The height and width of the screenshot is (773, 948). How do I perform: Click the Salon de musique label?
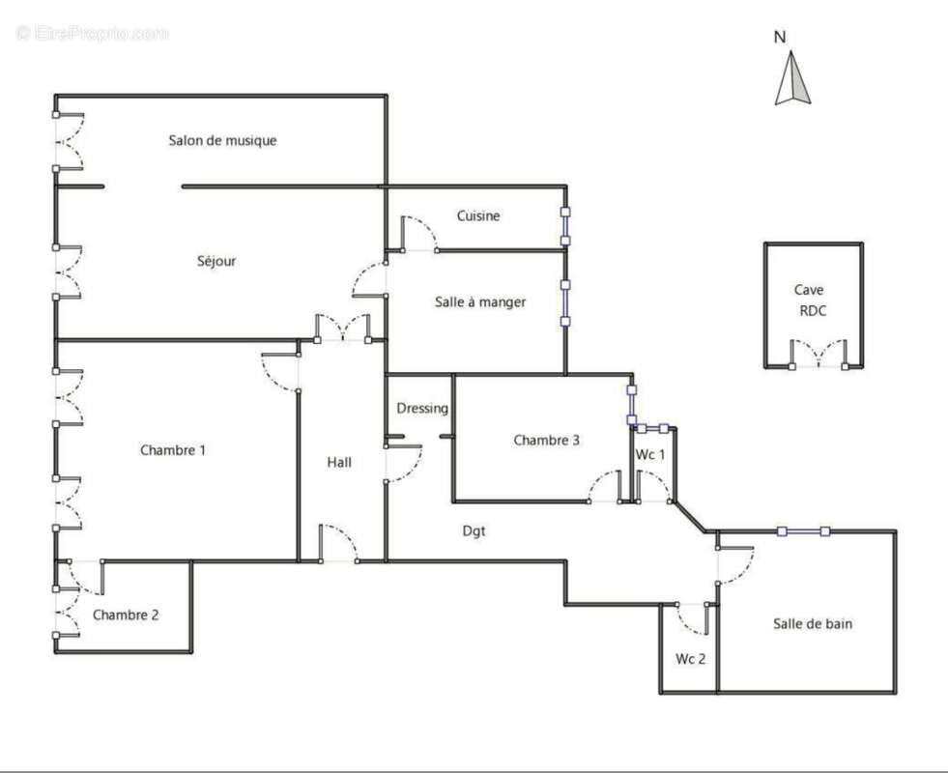(x=222, y=141)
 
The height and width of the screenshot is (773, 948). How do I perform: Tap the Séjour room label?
(x=215, y=261)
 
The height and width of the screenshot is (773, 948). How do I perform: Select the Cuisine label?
(x=478, y=216)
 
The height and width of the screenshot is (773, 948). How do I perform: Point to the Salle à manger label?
(x=480, y=302)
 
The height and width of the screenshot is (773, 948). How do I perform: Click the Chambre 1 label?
(x=173, y=450)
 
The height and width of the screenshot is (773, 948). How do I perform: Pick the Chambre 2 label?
(x=126, y=616)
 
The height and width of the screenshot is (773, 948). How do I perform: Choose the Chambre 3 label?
(x=546, y=441)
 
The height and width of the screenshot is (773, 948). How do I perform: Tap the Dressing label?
(x=422, y=409)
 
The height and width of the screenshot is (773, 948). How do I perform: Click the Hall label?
(x=339, y=463)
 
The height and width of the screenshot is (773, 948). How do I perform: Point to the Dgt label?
(x=474, y=530)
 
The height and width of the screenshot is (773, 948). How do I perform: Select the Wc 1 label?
(x=650, y=455)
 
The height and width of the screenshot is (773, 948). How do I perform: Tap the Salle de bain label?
(x=812, y=624)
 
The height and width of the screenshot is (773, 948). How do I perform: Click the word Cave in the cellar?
(x=809, y=290)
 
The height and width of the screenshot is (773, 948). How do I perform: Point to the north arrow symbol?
(x=792, y=79)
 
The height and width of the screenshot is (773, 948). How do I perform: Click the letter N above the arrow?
(x=780, y=38)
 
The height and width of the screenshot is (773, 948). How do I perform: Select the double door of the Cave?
(x=819, y=355)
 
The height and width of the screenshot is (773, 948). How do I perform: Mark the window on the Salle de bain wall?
(x=804, y=530)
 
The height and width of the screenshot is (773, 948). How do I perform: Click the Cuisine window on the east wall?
(x=565, y=226)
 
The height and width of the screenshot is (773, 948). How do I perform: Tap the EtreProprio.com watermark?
(x=92, y=33)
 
